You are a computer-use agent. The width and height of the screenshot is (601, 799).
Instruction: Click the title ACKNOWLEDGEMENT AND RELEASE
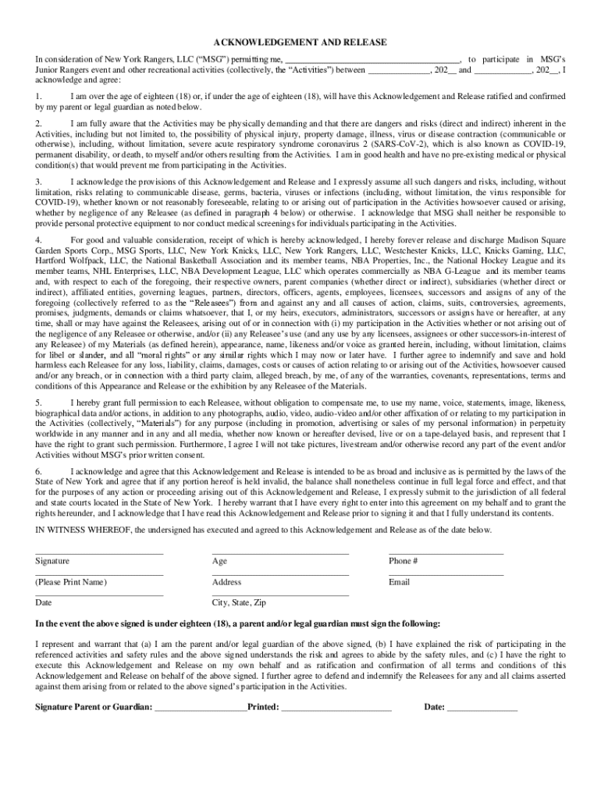pos(300,42)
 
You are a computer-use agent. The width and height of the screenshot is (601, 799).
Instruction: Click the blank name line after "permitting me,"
pos(372,60)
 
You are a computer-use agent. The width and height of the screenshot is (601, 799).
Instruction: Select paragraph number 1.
pos(38,96)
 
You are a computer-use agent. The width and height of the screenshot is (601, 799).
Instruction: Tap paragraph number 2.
pos(38,124)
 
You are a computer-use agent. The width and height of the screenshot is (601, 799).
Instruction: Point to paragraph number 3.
pos(38,182)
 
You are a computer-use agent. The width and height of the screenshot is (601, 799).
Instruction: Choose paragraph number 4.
pos(38,240)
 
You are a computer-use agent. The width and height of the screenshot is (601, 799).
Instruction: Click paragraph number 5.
pos(38,402)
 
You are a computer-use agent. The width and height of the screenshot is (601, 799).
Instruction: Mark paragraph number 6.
pos(38,472)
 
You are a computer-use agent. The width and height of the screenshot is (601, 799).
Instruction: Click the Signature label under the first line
pos(52,561)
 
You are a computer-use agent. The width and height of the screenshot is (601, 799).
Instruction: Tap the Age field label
pos(219,561)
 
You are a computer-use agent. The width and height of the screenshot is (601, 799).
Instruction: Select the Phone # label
pos(403,561)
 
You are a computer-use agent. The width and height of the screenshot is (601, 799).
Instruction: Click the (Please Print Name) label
pos(71,582)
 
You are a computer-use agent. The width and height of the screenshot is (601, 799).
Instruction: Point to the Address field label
pos(226,582)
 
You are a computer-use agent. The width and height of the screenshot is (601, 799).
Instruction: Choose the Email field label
pos(399,582)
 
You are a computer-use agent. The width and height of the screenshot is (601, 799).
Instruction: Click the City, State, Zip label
pos(239,603)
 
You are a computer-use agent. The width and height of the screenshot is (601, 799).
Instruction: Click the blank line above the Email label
pos(446,575)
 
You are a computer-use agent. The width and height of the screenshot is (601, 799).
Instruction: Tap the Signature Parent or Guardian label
pos(94,707)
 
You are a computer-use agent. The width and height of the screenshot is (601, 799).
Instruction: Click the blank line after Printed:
pos(336,708)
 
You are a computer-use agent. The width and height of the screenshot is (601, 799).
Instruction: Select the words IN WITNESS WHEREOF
pos(83,530)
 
